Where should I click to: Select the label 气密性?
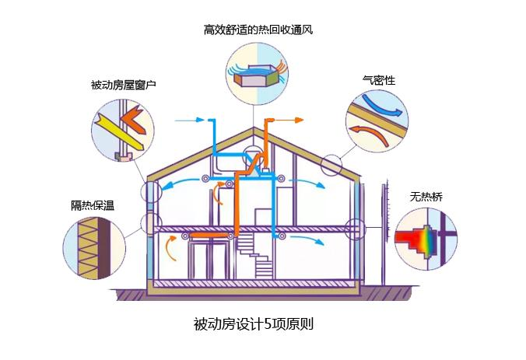click(x=379, y=79)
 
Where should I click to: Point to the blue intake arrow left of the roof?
click(x=191, y=121)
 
